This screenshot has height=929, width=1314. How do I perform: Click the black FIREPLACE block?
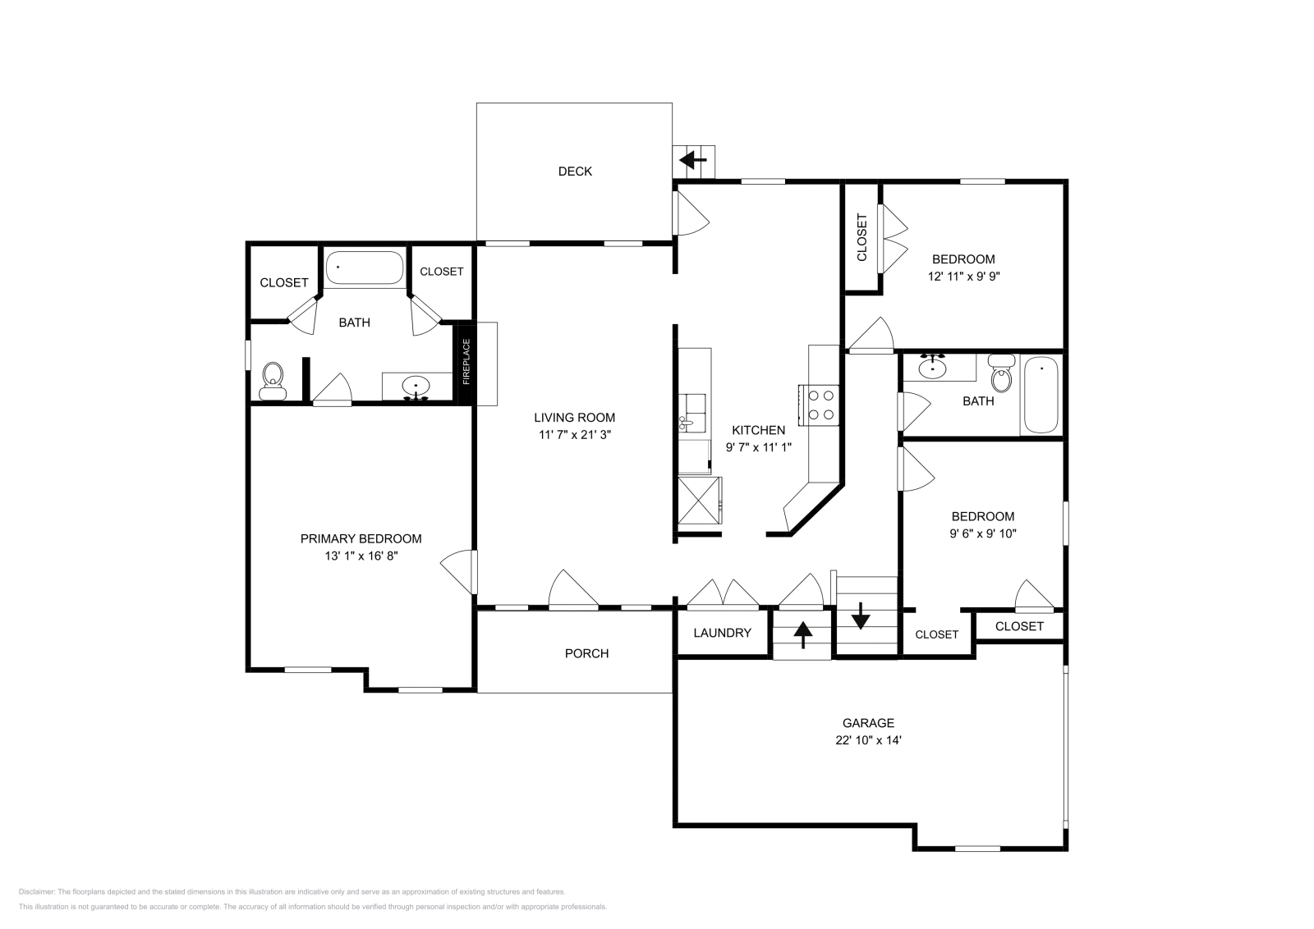pos(466,362)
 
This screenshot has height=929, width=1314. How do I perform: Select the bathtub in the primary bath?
pos(364,268)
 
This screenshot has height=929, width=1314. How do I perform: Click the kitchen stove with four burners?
pos(822,405)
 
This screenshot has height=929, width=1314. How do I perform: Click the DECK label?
pos(575,172)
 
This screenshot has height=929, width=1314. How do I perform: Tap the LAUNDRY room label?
pos(722,633)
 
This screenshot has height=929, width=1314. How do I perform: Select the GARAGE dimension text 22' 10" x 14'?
pos(868,740)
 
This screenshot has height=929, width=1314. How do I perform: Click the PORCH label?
pos(586,653)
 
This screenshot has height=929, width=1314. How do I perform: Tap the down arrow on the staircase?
pos(860,616)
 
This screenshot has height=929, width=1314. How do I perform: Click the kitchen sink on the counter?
pos(687,423)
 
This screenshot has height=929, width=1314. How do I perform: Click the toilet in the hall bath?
pos(999,376)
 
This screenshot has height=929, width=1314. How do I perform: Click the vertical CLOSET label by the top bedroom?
pos(861,237)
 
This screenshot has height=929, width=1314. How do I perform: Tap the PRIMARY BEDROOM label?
pos(361,539)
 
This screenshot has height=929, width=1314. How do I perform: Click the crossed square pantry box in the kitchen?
pos(698,500)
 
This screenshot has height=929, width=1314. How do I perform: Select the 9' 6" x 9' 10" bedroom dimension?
pos(983,533)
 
